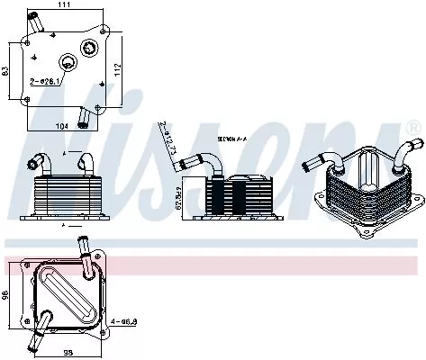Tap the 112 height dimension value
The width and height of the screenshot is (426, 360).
pyautogui.click(x=117, y=69)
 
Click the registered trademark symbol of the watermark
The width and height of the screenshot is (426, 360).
pyautogui.click(x=413, y=130)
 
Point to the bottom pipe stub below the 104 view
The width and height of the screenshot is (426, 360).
pyautogui.click(x=84, y=115)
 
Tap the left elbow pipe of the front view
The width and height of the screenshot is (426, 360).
pyautogui.click(x=41, y=165)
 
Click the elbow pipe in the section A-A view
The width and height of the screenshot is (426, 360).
pyautogui.click(x=203, y=162)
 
